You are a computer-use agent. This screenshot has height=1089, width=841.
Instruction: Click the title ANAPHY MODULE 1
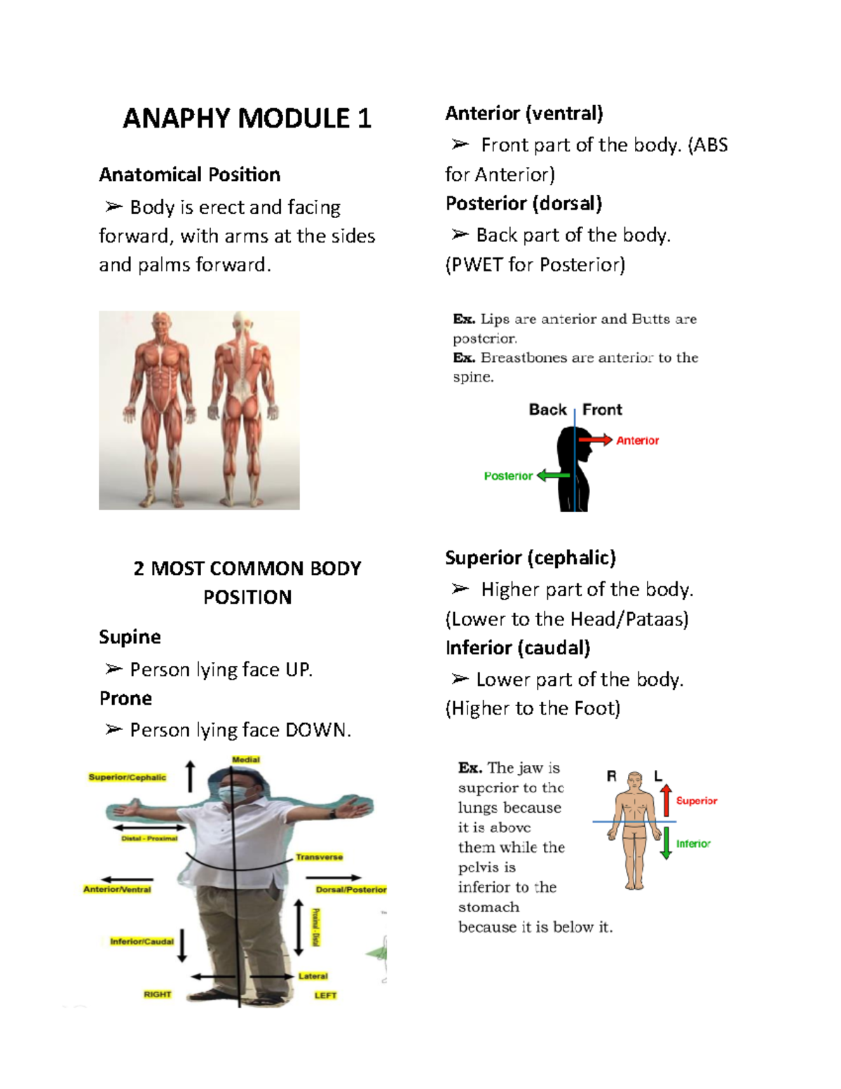pyautogui.click(x=247, y=119)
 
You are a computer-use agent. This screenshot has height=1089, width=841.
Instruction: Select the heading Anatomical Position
pyautogui.click(x=189, y=175)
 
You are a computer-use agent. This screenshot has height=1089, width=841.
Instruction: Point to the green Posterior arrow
pyautogui.click(x=553, y=475)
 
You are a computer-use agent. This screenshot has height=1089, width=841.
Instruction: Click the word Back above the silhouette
pyautogui.click(x=547, y=410)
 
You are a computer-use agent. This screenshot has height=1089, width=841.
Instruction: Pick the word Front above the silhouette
pyautogui.click(x=602, y=410)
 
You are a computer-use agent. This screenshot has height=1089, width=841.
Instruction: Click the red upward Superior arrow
pyautogui.click(x=666, y=800)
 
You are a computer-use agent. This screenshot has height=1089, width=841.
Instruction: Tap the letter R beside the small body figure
pyautogui.click(x=611, y=776)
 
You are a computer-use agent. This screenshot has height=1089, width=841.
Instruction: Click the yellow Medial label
pyautogui.click(x=246, y=759)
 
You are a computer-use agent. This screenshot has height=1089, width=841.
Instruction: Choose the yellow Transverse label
pyautogui.click(x=319, y=857)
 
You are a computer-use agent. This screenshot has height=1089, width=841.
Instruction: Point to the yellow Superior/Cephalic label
pyautogui.click(x=128, y=777)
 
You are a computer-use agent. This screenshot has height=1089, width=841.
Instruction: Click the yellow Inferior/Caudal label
pyautogui.click(x=142, y=941)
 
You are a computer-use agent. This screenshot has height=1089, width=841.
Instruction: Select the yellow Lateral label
pyautogui.click(x=313, y=975)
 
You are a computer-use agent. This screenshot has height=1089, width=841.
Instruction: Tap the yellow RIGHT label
pyautogui.click(x=157, y=994)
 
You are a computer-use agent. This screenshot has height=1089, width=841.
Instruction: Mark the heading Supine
pyautogui.click(x=130, y=637)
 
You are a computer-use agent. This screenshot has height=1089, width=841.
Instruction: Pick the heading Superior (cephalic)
pyautogui.click(x=530, y=557)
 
